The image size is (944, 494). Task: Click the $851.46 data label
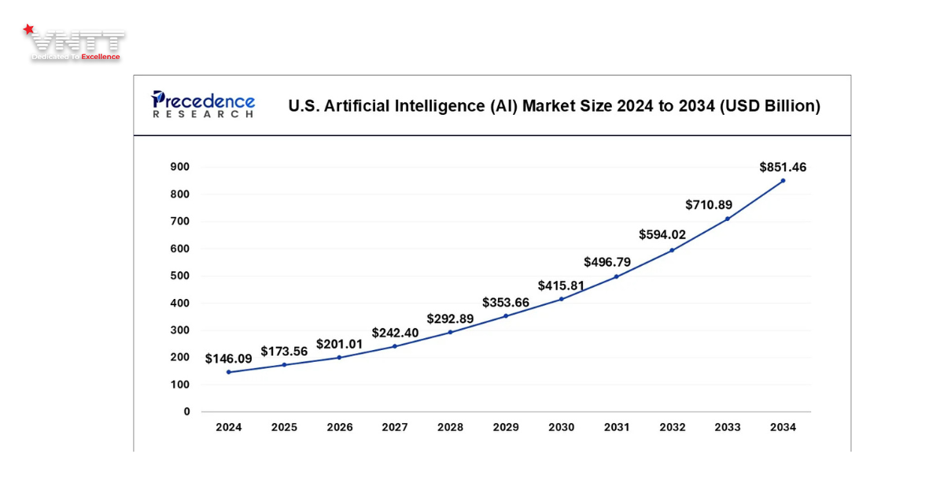click(x=783, y=167)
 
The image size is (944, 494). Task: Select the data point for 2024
click(x=229, y=372)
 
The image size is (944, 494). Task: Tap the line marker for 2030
click(x=561, y=299)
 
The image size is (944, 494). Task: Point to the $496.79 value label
click(x=607, y=262)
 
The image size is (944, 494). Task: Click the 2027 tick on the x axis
click(x=395, y=427)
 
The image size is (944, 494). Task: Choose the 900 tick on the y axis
click(x=180, y=167)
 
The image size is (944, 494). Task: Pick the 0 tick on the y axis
click(x=186, y=411)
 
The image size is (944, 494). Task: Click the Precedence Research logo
click(x=203, y=105)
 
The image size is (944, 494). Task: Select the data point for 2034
click(x=783, y=181)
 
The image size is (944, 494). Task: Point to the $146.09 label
click(x=229, y=359)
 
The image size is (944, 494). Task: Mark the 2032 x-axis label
click(x=672, y=427)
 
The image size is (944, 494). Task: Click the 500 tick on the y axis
click(x=180, y=275)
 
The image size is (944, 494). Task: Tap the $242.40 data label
click(x=395, y=333)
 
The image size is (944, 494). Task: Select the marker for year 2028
click(x=450, y=332)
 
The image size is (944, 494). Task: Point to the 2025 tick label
click(x=284, y=427)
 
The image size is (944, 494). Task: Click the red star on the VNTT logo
click(x=29, y=30)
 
